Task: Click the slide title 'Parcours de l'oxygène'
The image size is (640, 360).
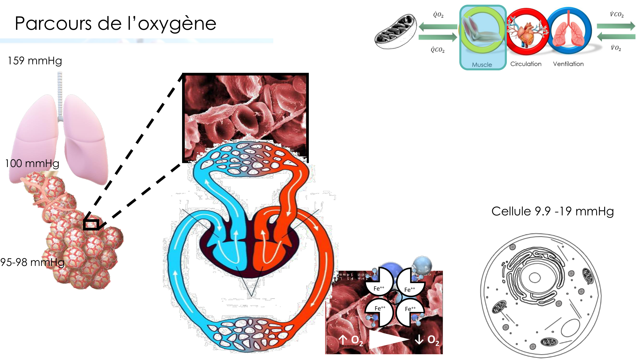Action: [116, 24]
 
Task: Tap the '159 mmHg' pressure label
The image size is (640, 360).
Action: [35, 61]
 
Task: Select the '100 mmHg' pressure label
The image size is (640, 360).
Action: [32, 164]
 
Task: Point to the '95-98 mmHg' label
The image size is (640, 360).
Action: [32, 262]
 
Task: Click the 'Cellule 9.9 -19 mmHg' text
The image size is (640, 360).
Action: [552, 212]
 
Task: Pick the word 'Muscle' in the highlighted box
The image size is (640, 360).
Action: [482, 65]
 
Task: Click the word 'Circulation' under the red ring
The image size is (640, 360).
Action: [526, 64]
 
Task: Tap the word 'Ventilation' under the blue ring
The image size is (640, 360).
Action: [568, 64]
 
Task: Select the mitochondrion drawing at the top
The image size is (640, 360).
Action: [396, 31]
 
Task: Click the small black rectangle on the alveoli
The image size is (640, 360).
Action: [91, 225]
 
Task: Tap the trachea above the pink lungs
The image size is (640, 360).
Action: [60, 93]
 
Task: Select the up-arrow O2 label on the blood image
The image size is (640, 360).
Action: [351, 340]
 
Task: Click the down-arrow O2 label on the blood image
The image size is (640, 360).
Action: [427, 340]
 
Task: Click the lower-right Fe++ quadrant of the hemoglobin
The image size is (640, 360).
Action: [410, 312]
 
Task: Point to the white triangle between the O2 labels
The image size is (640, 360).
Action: [387, 339]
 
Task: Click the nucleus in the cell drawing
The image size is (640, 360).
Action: [534, 277]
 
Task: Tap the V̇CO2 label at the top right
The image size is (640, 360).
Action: [616, 15]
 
